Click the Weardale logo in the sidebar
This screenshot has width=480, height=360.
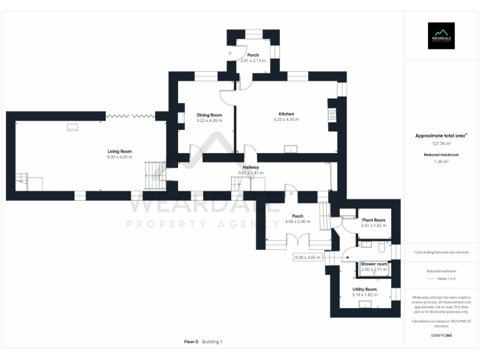coord(441,36)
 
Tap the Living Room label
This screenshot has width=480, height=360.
coord(119,151)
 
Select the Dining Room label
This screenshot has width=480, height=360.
coord(209,115)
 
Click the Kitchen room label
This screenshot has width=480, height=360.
coord(286,114)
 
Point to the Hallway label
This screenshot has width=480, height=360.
coord(251,167)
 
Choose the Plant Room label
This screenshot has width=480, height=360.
coord(373,220)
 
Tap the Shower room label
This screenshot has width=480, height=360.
coord(374,264)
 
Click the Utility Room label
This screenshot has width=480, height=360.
coord(364,289)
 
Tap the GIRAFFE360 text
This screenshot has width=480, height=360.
coord(441,336)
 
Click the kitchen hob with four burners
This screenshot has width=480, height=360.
coord(332,115)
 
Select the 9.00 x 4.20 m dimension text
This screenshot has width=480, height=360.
coord(119,157)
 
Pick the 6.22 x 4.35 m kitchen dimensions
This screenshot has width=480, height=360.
coord(286,119)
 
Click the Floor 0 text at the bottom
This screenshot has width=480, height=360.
coord(191,342)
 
